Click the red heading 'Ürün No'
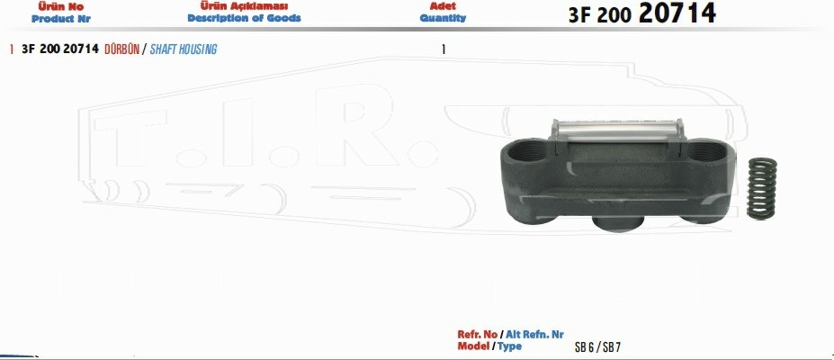point(60,7)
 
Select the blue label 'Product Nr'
point(61,19)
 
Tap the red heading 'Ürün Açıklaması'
point(244,6)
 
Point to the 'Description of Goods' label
point(244,18)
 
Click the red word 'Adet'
point(443,6)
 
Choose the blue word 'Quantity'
point(443,18)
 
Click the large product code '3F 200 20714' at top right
point(642,13)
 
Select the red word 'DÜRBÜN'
point(121,49)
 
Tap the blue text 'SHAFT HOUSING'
point(184,49)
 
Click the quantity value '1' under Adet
point(444,49)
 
